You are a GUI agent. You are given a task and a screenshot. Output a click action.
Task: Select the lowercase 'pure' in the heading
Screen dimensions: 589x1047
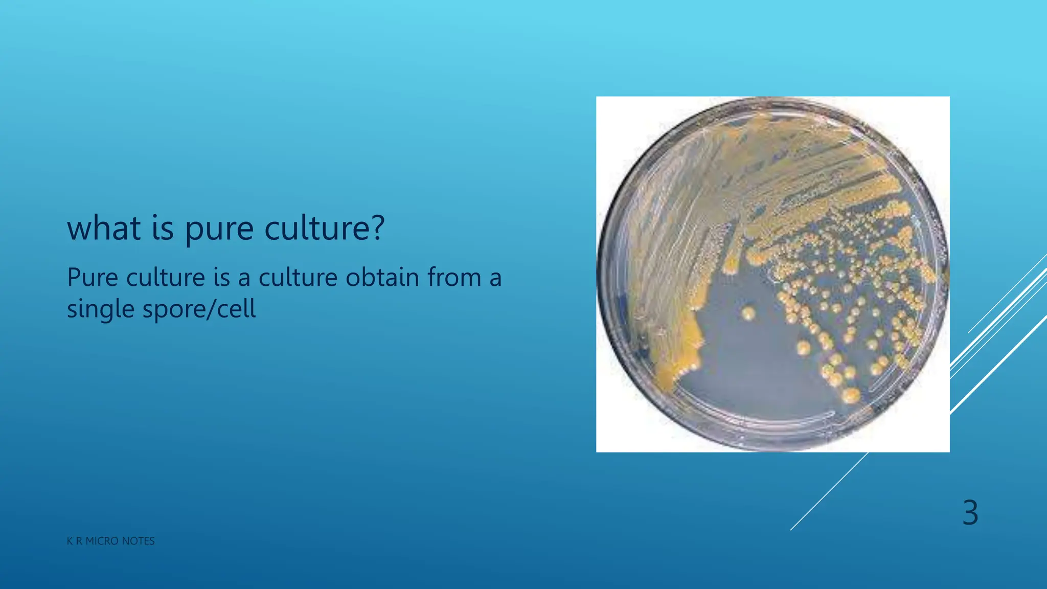coord(219,229)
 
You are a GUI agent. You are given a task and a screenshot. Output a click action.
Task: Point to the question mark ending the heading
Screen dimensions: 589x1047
coord(377,228)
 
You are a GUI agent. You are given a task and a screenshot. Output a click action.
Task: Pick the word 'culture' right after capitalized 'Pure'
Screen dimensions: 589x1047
coord(166,278)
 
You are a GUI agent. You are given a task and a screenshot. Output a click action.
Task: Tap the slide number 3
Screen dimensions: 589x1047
coord(970,512)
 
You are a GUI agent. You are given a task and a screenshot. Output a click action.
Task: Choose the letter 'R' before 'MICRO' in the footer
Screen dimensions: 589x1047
coord(79,541)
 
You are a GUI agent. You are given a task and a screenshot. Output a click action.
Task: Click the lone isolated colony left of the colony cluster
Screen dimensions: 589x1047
coord(748,313)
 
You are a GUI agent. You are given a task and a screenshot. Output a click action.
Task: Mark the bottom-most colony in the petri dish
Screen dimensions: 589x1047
coord(851,395)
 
